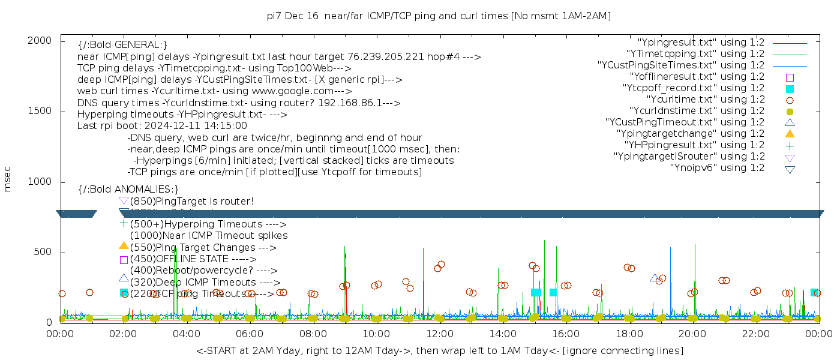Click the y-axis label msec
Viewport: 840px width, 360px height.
(8, 178)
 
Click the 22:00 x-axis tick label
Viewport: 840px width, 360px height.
(755, 334)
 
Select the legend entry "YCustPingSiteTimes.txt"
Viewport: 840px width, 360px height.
(681, 65)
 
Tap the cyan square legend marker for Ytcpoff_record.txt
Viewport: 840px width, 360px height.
(790, 89)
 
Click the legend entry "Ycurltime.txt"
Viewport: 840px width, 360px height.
(705, 100)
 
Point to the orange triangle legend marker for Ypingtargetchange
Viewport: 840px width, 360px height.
(790, 133)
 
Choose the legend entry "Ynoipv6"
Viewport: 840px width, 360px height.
(717, 168)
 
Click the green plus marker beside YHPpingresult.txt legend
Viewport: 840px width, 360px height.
(790, 145)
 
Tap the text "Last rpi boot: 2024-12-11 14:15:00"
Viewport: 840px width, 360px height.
(162, 126)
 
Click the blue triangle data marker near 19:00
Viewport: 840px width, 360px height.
(654, 278)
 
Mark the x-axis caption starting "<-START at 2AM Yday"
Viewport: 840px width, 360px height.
(439, 350)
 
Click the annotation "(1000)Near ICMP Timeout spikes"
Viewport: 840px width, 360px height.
(209, 236)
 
